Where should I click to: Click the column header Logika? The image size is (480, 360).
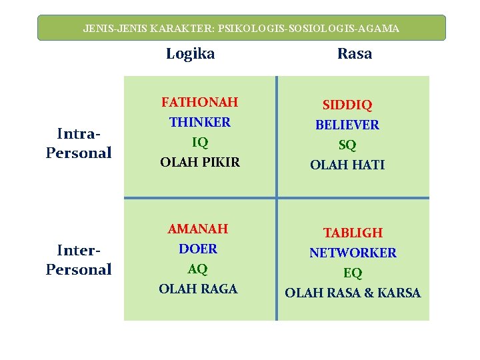tap(190, 54)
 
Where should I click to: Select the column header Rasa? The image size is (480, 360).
tap(354, 54)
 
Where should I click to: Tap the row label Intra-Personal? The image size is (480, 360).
tap(79, 143)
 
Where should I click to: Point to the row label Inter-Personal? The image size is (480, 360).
tap(79, 260)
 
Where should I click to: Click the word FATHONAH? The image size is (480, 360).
tap(200, 103)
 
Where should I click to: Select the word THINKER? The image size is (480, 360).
tap(200, 122)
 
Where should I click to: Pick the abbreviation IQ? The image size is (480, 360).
tap(200, 142)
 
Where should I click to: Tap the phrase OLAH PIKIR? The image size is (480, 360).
tap(200, 162)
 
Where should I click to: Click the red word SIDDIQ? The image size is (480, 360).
tap(347, 105)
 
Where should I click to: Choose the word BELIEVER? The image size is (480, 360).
tap(347, 125)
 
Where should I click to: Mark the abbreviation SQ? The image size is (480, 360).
tap(347, 145)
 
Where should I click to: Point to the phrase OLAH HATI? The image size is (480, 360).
tap(347, 165)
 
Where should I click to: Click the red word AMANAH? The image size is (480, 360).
tap(198, 229)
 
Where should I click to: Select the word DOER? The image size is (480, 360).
tap(198, 249)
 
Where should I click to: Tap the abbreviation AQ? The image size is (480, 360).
tap(198, 269)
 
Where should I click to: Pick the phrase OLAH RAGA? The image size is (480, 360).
tap(198, 289)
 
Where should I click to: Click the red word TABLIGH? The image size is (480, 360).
tap(353, 233)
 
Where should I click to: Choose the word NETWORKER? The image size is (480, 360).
tap(353, 253)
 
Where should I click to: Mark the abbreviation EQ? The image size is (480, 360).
tap(353, 273)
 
